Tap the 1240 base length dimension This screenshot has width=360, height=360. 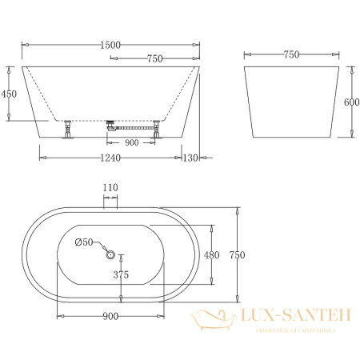pos(110,158)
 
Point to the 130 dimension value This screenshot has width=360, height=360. pos(190,158)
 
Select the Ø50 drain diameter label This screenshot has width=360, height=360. pos(85,242)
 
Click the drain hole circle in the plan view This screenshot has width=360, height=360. pos(110,256)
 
